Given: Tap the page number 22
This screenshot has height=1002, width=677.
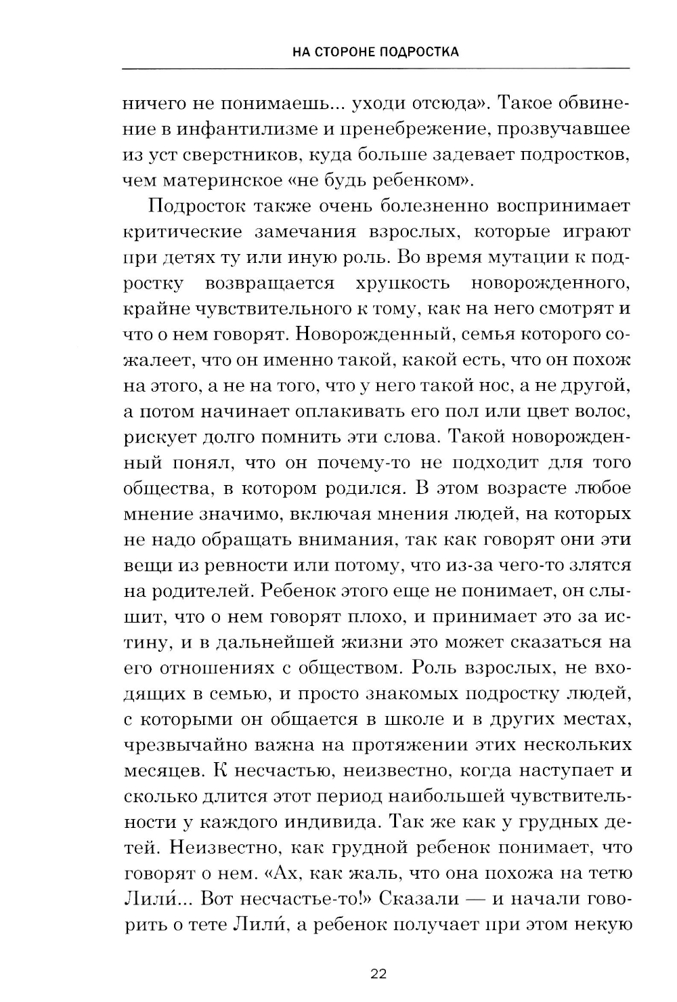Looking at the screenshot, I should [x=378, y=974].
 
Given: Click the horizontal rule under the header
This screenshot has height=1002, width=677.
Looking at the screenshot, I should [x=376, y=68].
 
